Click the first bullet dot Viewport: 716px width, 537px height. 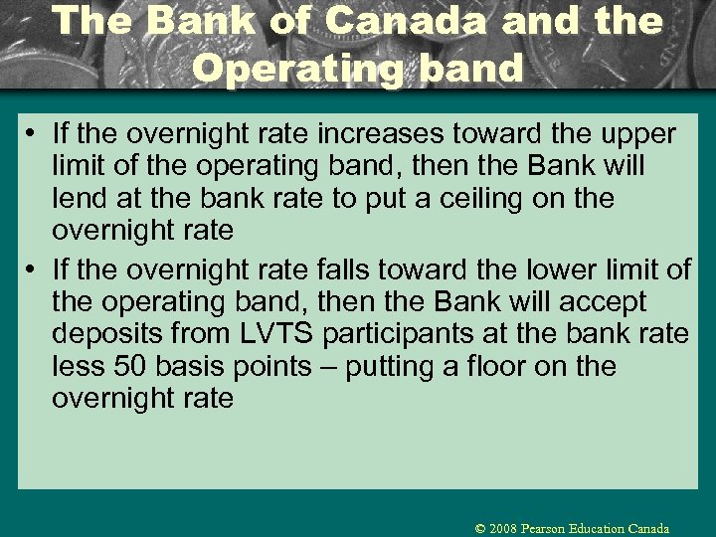click(x=35, y=134)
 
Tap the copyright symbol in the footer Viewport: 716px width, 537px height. click(x=482, y=529)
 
